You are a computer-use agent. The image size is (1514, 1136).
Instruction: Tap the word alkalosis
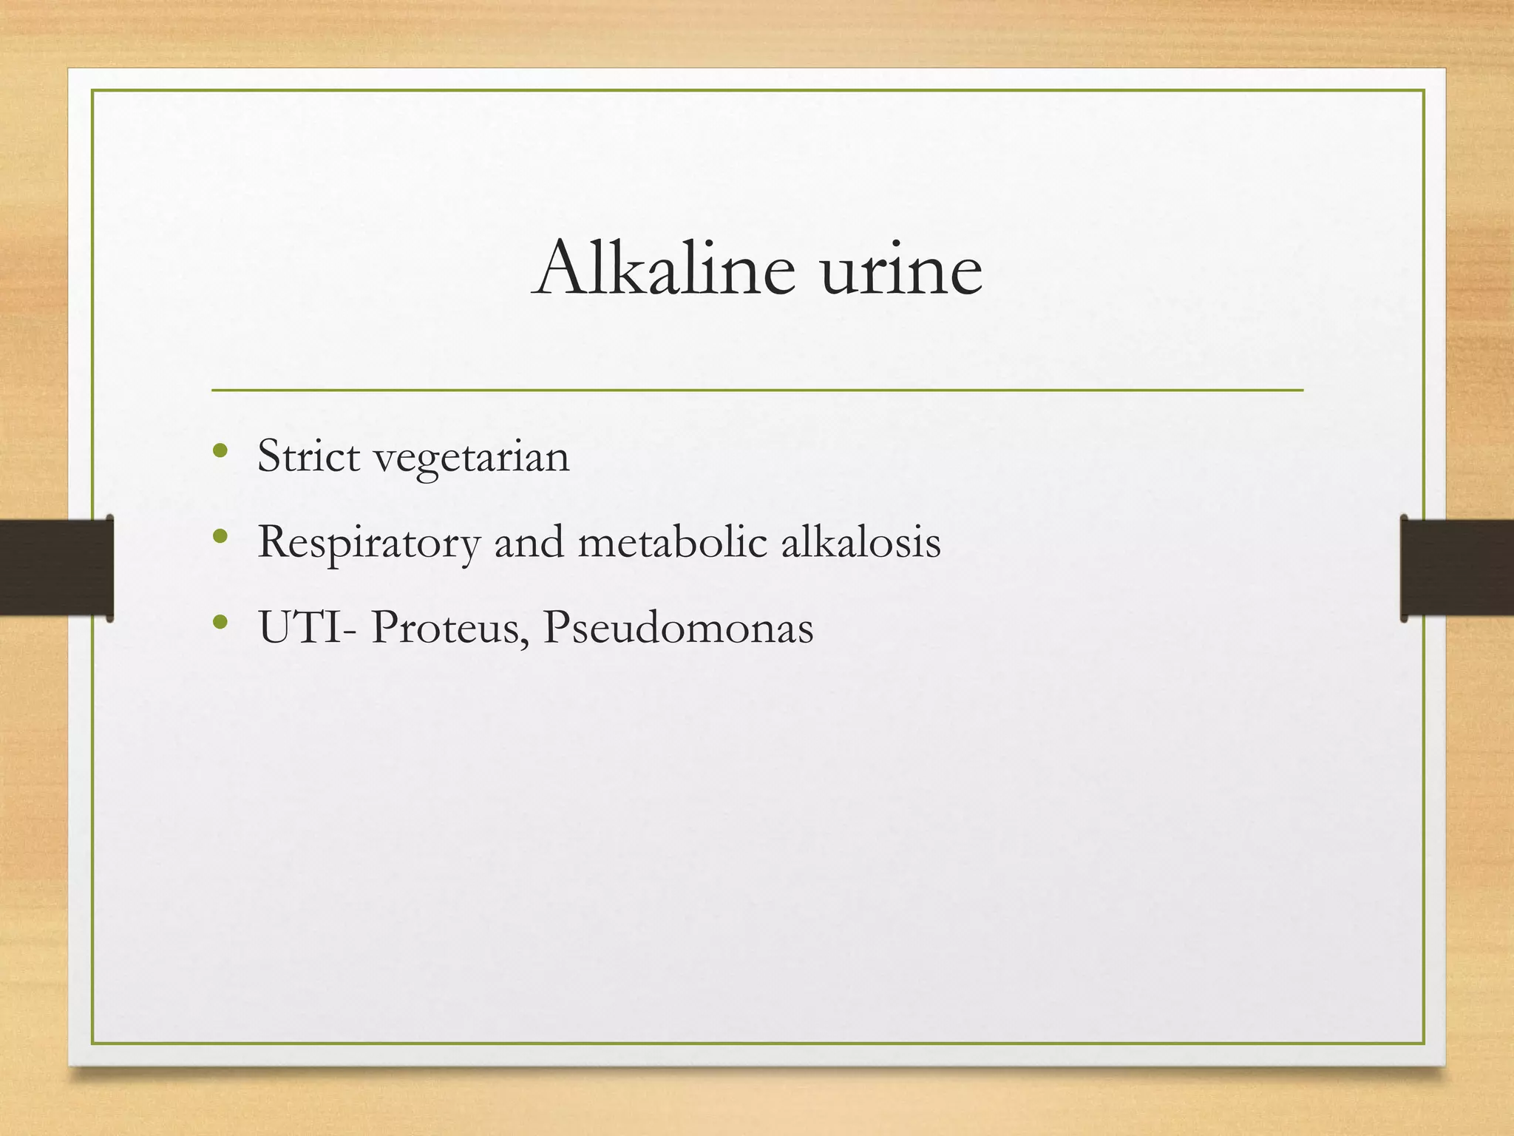[861, 542]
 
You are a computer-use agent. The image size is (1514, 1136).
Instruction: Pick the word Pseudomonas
[678, 627]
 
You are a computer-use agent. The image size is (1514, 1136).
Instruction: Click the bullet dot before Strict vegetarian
[220, 450]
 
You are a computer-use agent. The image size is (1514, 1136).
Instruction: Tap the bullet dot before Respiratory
[220, 536]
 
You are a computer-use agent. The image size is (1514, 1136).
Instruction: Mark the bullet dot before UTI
[220, 622]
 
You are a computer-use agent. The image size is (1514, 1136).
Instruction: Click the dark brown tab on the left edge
[55, 567]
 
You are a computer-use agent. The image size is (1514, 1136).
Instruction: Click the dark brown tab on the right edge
[1456, 567]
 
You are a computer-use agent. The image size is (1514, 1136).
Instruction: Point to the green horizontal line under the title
[757, 390]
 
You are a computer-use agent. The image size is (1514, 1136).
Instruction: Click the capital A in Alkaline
[562, 268]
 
